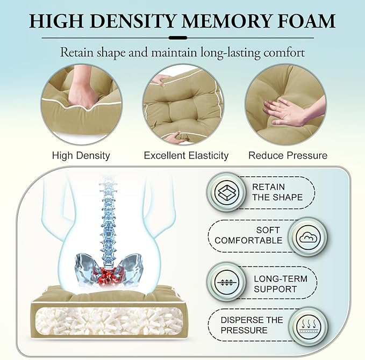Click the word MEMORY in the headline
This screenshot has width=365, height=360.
(226, 21)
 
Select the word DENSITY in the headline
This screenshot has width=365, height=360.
(132, 21)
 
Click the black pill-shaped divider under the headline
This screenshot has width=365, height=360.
(178, 38)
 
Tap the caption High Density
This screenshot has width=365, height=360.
(81, 155)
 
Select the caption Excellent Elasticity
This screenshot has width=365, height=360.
(186, 155)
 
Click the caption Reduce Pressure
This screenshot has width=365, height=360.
(288, 155)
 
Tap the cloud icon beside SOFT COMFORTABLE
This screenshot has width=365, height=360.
(308, 238)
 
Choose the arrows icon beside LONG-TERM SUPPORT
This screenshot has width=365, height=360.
(226, 283)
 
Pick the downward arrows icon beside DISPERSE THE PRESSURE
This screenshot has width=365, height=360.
(308, 326)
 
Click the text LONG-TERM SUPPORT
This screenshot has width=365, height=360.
(281, 284)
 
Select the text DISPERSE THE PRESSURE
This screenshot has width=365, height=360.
(252, 325)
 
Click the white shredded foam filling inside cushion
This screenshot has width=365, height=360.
(109, 321)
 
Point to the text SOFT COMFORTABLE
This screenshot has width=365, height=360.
(248, 235)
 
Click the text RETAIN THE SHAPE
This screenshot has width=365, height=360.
(277, 192)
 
